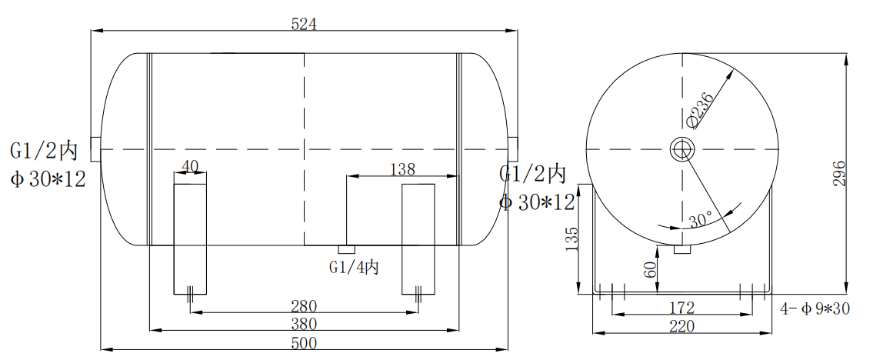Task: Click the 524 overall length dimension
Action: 304,24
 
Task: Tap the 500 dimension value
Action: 304,343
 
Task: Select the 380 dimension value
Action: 304,324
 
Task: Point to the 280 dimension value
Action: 304,306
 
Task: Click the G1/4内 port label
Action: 354,267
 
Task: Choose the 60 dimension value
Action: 650,270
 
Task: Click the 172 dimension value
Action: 681,308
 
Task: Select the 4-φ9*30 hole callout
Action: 814,309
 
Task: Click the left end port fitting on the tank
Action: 95,149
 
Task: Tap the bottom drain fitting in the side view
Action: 346,249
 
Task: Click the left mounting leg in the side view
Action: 189,238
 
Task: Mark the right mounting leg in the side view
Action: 418,238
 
